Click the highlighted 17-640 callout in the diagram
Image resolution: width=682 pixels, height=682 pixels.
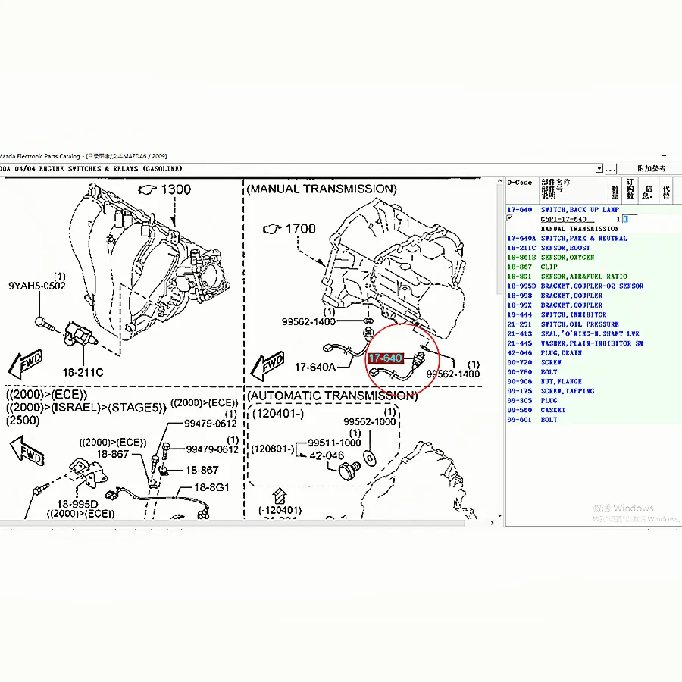[x=386, y=358]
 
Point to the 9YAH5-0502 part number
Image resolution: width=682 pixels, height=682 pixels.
[x=37, y=286]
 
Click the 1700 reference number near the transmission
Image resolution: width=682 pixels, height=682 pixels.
[x=300, y=227]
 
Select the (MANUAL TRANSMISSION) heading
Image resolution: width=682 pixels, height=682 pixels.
[x=321, y=189]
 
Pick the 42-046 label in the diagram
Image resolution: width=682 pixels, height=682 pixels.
[x=327, y=455]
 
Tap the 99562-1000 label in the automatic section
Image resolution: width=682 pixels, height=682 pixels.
[x=369, y=422]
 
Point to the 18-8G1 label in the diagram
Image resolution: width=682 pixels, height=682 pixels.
[x=213, y=487]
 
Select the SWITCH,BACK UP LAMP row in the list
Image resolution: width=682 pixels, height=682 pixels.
[x=580, y=209]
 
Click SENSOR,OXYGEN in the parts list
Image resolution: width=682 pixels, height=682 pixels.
[x=567, y=258]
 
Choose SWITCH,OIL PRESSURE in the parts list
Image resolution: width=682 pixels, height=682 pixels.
[x=580, y=324]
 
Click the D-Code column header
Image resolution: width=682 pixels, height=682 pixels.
[x=519, y=183]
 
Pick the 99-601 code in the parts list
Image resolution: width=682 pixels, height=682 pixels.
[x=519, y=420]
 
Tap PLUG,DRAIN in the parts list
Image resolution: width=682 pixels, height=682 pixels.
[x=562, y=353]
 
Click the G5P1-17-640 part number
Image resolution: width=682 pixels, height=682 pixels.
[x=563, y=219]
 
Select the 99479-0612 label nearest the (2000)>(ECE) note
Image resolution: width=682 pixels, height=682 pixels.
[x=211, y=424]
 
